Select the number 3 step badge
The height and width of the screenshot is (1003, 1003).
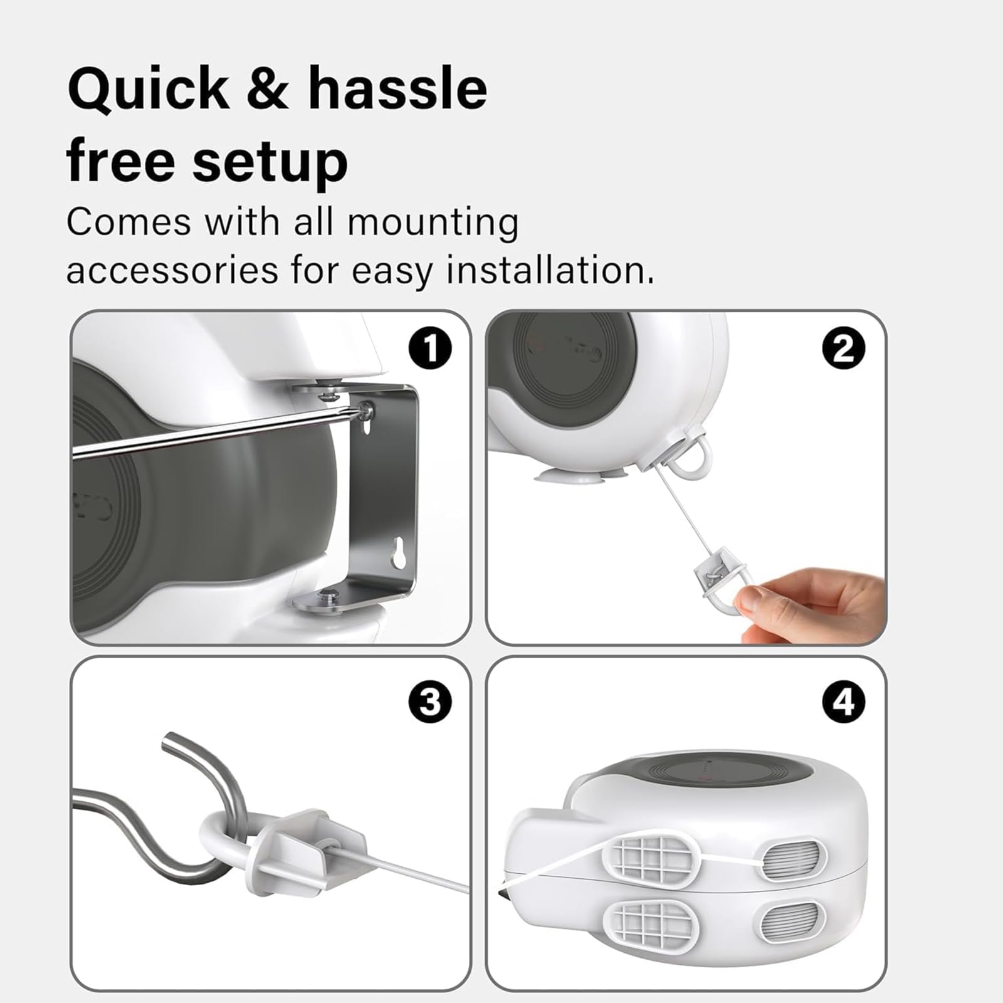pyautogui.click(x=430, y=701)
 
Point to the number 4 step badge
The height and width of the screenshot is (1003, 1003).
pyautogui.click(x=844, y=701)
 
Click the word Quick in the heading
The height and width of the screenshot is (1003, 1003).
pyautogui.click(x=149, y=89)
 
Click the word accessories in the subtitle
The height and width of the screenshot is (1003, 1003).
pyautogui.click(x=172, y=271)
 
